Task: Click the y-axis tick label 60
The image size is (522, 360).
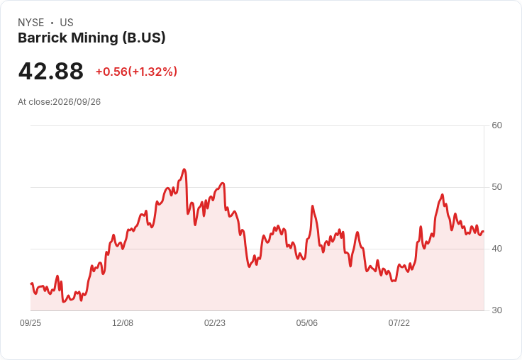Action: pyautogui.click(x=496, y=125)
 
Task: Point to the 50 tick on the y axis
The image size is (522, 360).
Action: pyautogui.click(x=496, y=187)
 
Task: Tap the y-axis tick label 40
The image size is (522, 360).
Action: pyautogui.click(x=496, y=249)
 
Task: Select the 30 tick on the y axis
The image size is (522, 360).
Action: pyautogui.click(x=496, y=310)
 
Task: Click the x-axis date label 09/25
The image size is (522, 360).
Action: pyautogui.click(x=30, y=322)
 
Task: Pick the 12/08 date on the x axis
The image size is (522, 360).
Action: pyautogui.click(x=123, y=322)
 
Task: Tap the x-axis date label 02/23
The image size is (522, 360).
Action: pyautogui.click(x=215, y=322)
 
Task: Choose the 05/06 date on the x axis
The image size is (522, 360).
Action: pyautogui.click(x=306, y=322)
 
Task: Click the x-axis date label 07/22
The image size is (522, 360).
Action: pyautogui.click(x=399, y=322)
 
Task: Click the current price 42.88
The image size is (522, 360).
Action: pyautogui.click(x=50, y=71)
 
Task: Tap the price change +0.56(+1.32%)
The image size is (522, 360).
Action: pyautogui.click(x=136, y=72)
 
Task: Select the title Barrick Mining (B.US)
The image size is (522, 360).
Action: pyautogui.click(x=91, y=38)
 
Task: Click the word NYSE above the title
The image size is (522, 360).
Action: pyautogui.click(x=31, y=23)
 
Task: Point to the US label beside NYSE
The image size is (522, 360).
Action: pyautogui.click(x=67, y=23)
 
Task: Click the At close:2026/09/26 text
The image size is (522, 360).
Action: pyautogui.click(x=60, y=102)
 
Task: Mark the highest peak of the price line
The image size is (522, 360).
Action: pyautogui.click(x=184, y=169)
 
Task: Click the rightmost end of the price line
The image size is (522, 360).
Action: pyautogui.click(x=484, y=231)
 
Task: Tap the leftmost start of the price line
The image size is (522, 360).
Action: pyautogui.click(x=31, y=283)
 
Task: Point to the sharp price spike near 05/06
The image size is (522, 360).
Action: pyautogui.click(x=312, y=206)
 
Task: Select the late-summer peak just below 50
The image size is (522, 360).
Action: pyautogui.click(x=442, y=195)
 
